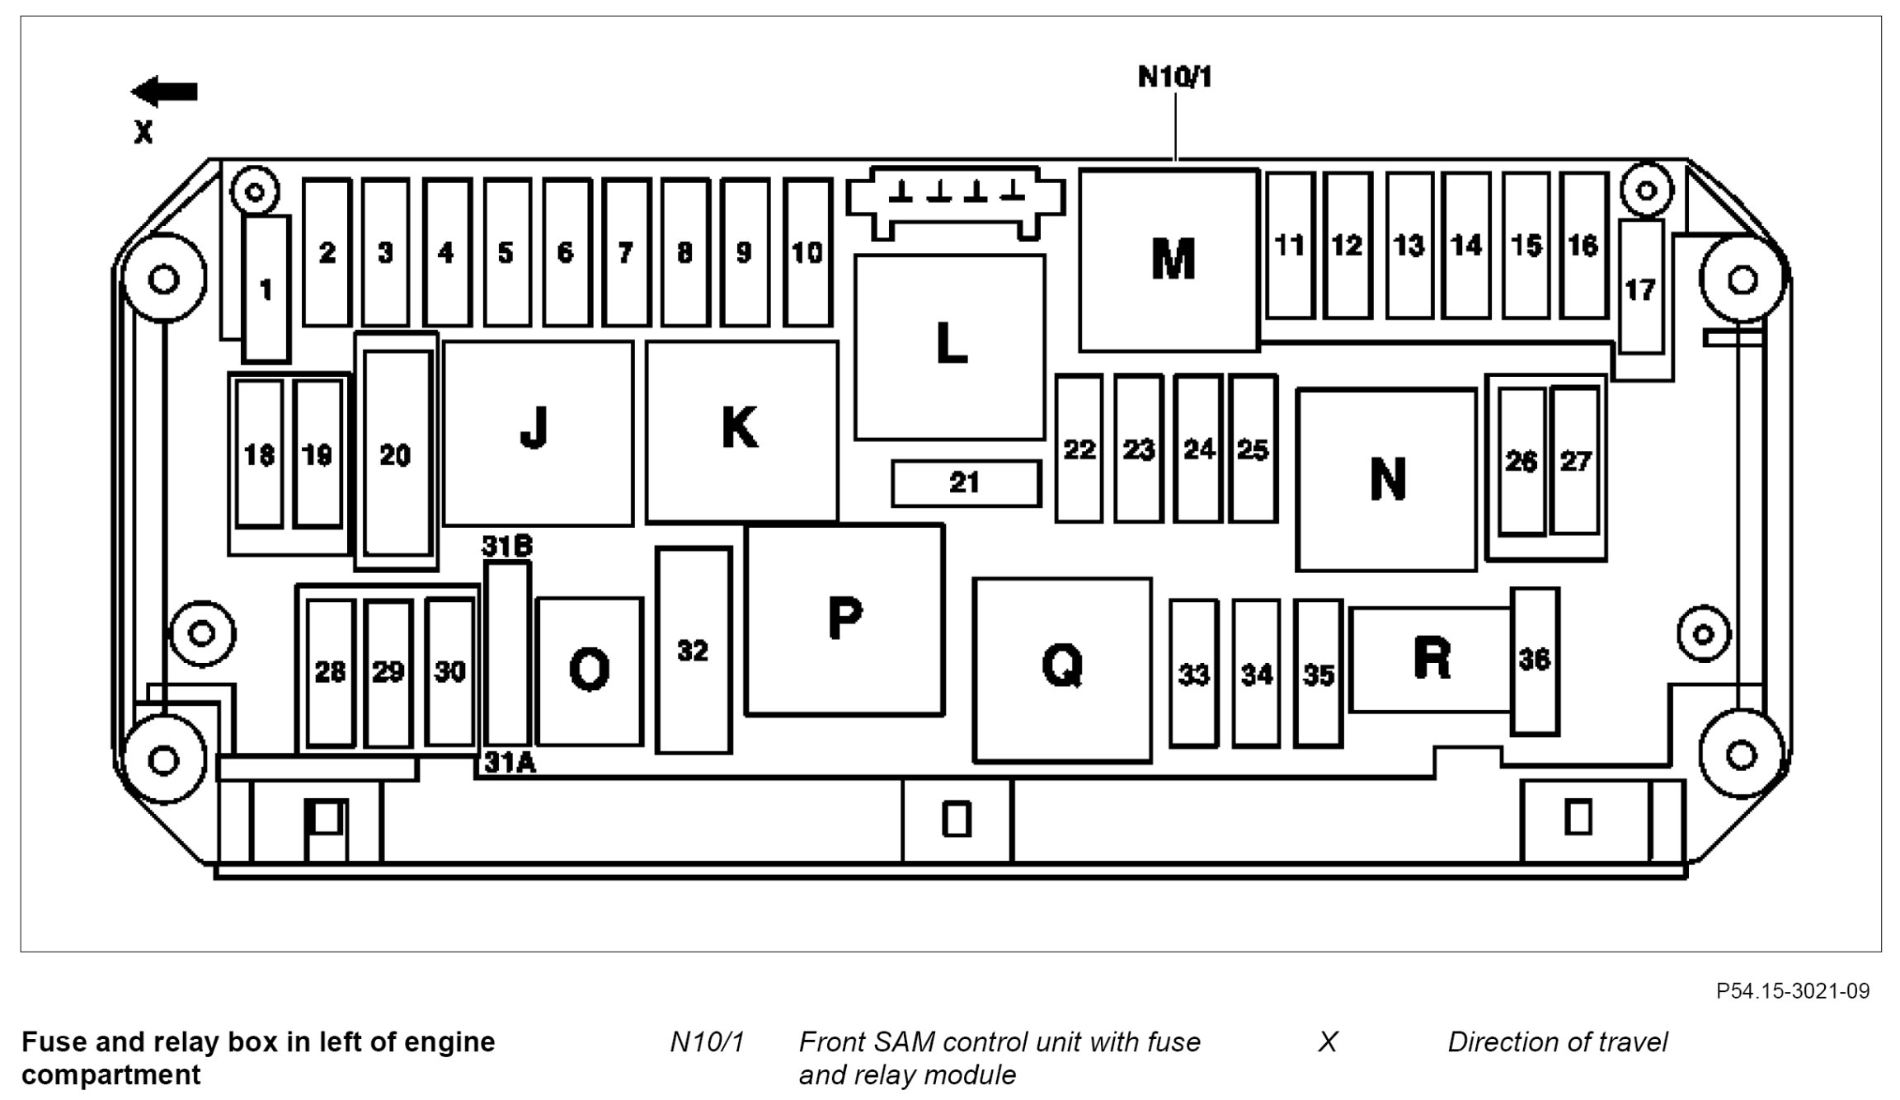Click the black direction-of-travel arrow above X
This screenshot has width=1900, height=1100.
pyautogui.click(x=165, y=92)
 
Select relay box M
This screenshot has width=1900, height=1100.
pyautogui.click(x=1169, y=261)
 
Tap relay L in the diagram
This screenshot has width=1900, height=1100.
pyautogui.click(x=950, y=347)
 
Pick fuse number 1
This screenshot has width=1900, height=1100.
pyautogui.click(x=266, y=289)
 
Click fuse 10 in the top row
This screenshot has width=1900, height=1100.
pyautogui.click(x=807, y=252)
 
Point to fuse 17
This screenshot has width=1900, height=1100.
pyautogui.click(x=1641, y=288)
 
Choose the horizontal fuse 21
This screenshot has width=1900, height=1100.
pyautogui.click(x=966, y=483)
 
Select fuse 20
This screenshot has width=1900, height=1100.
pyautogui.click(x=397, y=454)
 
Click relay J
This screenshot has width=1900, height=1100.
pyautogui.click(x=538, y=433)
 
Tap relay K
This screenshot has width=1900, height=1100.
pyautogui.click(x=741, y=431)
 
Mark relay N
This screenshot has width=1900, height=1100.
pyautogui.click(x=1386, y=479)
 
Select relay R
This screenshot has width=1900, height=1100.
pyautogui.click(x=1431, y=660)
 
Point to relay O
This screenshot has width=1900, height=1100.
pyautogui.click(x=589, y=671)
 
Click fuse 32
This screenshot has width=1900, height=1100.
pyautogui.click(x=694, y=651)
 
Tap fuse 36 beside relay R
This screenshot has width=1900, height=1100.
pyautogui.click(x=1535, y=660)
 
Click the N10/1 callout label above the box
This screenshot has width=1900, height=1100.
pyautogui.click(x=1175, y=78)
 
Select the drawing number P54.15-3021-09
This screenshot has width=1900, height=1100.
pyautogui.click(x=1792, y=990)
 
